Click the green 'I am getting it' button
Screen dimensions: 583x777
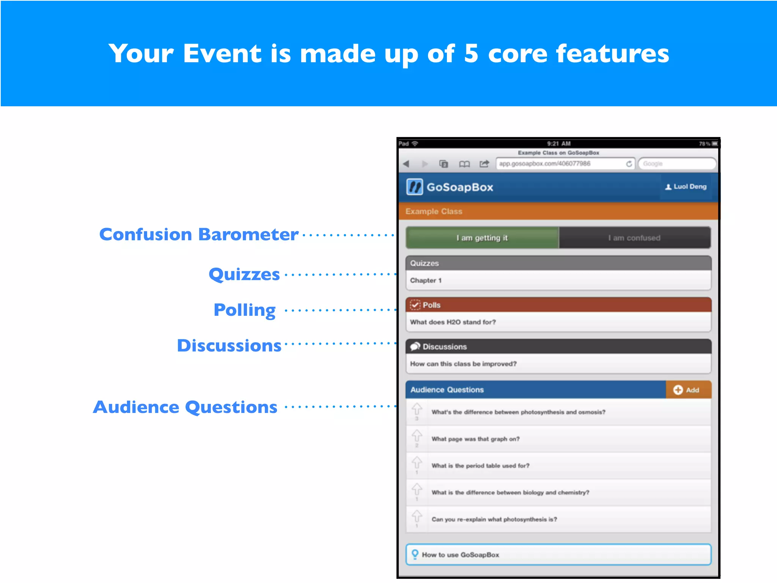click(x=482, y=238)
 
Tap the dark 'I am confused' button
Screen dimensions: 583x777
click(x=634, y=238)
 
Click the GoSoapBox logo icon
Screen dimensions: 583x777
click(x=414, y=187)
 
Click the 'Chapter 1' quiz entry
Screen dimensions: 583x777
click(x=426, y=280)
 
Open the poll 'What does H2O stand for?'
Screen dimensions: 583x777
click(x=453, y=322)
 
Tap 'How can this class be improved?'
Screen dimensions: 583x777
click(x=463, y=364)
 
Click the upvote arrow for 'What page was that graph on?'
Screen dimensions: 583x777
click(x=417, y=435)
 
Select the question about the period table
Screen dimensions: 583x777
click(x=480, y=466)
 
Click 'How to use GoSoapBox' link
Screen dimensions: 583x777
click(x=460, y=555)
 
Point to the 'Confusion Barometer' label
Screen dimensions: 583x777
click(x=198, y=235)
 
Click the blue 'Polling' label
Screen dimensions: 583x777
click(x=245, y=310)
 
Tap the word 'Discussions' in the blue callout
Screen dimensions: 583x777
click(x=229, y=346)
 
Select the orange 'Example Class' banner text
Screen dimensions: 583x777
click(x=434, y=211)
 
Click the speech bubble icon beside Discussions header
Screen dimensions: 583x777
click(x=415, y=347)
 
